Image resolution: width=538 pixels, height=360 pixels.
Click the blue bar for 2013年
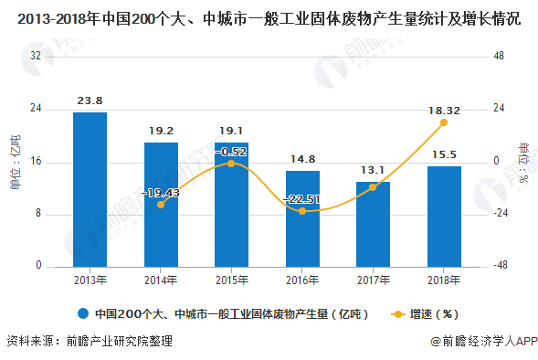(x=90, y=189)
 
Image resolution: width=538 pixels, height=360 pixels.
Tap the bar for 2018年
(x=444, y=217)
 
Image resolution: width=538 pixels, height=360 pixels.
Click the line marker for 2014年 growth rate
(x=161, y=205)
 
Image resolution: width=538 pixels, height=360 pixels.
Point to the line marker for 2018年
(x=444, y=122)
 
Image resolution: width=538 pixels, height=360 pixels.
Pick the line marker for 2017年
(x=373, y=187)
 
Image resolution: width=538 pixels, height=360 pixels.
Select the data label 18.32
(x=444, y=110)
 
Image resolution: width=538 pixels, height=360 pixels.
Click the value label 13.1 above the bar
(x=373, y=170)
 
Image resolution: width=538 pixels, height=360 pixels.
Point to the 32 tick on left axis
(x=37, y=56)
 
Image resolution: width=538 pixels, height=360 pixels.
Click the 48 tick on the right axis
(x=499, y=56)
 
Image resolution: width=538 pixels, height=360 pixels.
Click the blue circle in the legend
(x=84, y=313)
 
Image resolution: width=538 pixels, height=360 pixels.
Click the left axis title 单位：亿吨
(x=15, y=162)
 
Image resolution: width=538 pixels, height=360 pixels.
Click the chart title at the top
(x=269, y=16)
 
